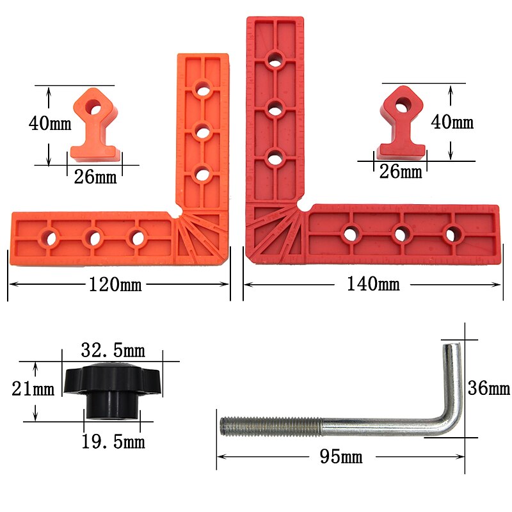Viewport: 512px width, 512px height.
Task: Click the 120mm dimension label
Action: pos(116,285)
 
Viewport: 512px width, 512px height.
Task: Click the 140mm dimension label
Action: pos(373,284)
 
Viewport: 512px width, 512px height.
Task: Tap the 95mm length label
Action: pos(340,456)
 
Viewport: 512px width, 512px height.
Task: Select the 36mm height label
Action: pos(489,388)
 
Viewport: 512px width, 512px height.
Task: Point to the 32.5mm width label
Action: pos(113,350)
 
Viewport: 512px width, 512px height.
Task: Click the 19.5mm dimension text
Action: pos(113,441)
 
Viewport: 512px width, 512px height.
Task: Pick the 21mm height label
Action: pos(33,388)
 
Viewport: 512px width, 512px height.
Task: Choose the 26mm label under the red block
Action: pos(401,172)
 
